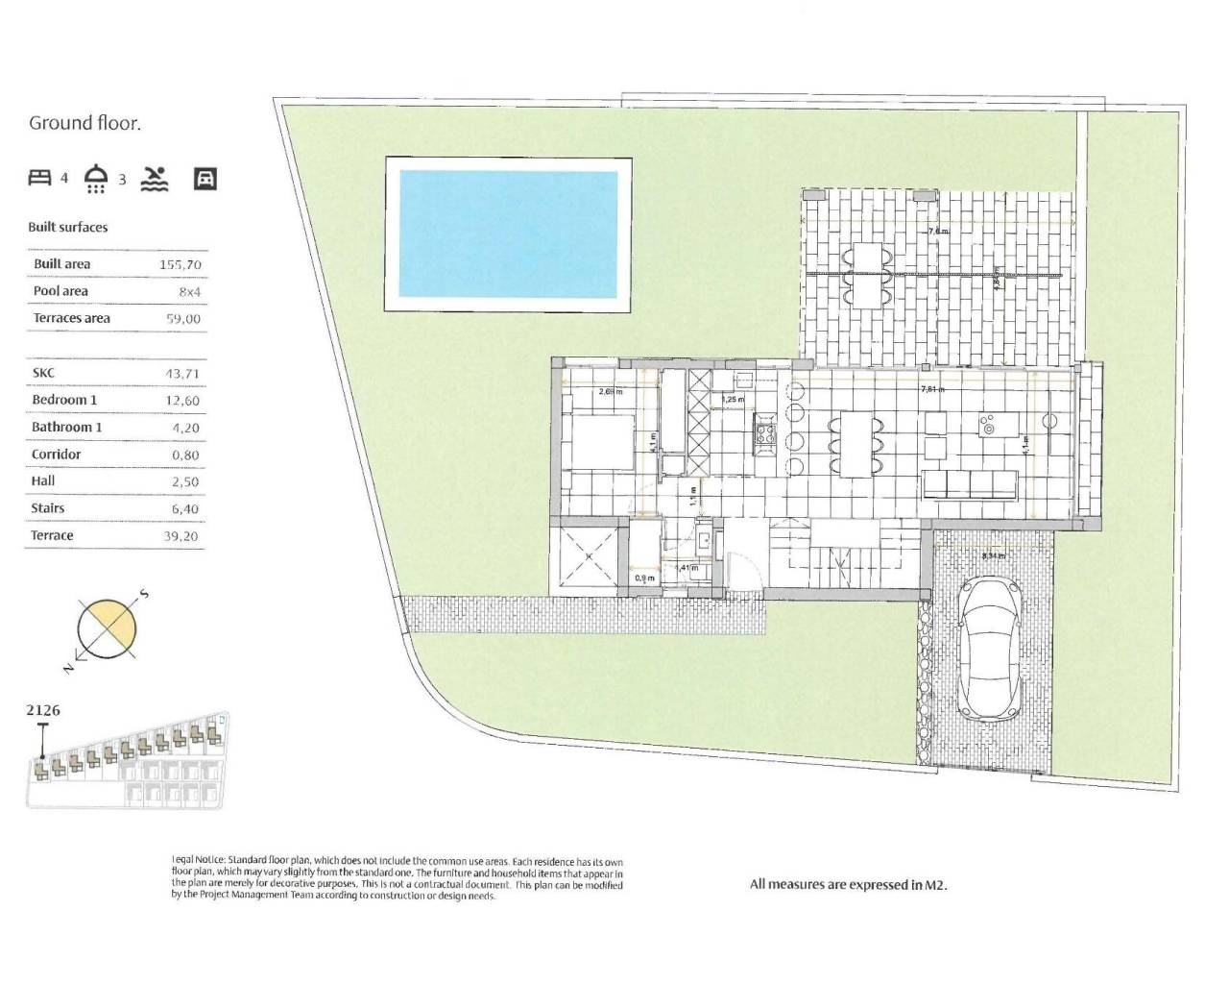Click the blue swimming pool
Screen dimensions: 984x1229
tap(507, 234)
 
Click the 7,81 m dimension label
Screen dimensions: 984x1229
tap(931, 390)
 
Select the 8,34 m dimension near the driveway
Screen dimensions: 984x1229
tap(993, 555)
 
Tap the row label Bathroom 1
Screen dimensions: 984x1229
tap(66, 427)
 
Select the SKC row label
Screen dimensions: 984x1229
tap(43, 372)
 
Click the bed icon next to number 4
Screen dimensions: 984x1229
tap(39, 177)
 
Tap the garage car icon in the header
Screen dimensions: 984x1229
tap(205, 178)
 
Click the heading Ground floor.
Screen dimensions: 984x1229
tap(85, 122)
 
